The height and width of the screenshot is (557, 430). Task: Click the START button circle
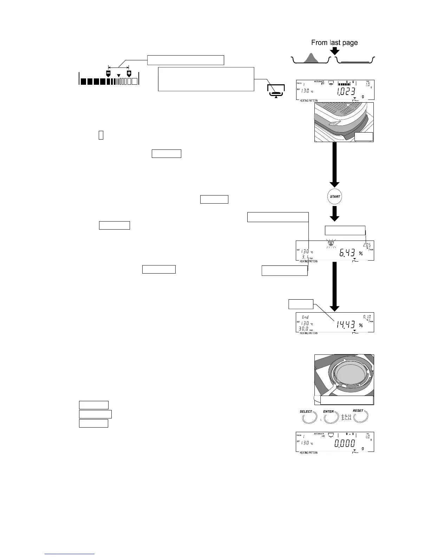click(335, 197)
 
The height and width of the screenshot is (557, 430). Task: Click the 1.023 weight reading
click(346, 92)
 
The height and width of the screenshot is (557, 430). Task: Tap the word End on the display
click(305, 317)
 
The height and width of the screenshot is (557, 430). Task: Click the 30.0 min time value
click(304, 328)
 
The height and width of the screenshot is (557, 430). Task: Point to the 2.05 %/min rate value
click(366, 245)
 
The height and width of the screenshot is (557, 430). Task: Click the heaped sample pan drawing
click(311, 59)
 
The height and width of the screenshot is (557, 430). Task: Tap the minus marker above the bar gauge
click(109, 73)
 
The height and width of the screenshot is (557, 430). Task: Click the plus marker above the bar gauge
click(129, 73)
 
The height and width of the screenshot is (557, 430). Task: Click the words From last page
click(334, 43)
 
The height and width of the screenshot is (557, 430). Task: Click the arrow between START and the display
click(335, 213)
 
